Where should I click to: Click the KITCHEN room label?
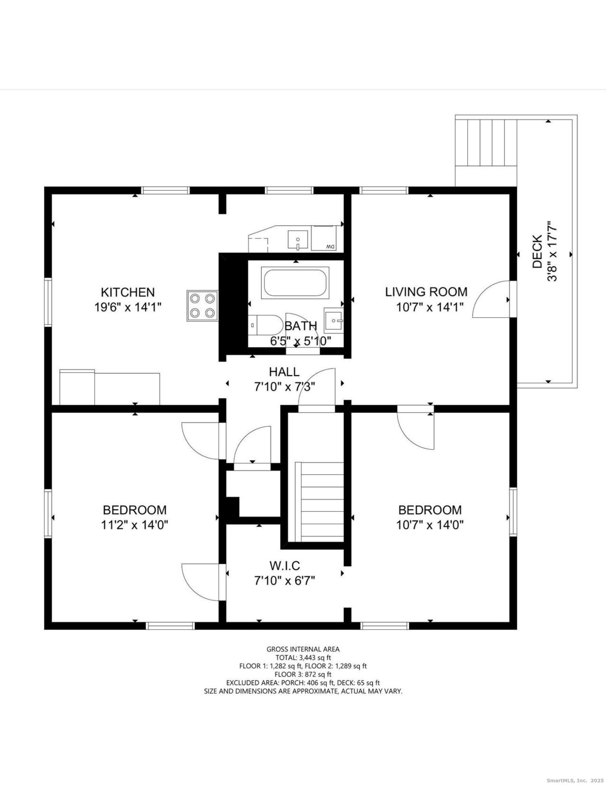(x=128, y=292)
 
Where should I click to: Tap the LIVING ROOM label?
(x=426, y=292)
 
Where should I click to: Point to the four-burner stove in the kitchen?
(x=202, y=306)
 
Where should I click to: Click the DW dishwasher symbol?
(x=324, y=238)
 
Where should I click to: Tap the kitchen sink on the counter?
(x=298, y=239)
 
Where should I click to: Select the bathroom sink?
(x=333, y=321)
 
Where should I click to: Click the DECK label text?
(x=537, y=251)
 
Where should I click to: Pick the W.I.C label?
(x=284, y=566)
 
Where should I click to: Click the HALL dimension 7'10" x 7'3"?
(x=284, y=387)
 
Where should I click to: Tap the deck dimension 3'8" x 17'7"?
(x=553, y=251)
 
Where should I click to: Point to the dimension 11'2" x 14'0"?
(x=135, y=524)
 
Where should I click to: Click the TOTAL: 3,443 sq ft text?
(x=303, y=657)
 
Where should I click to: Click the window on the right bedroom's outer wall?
(x=513, y=511)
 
